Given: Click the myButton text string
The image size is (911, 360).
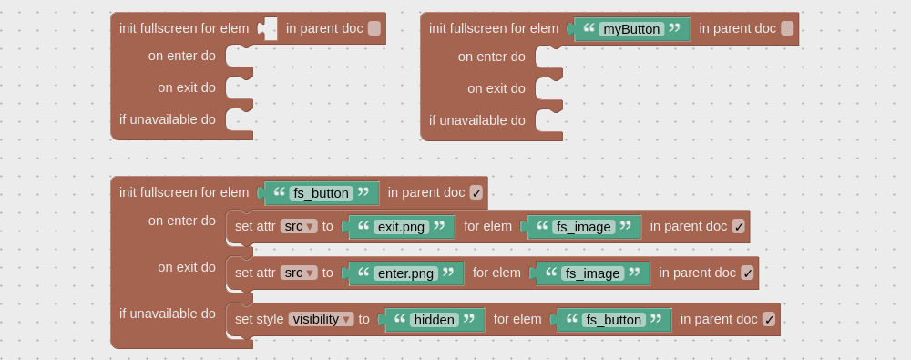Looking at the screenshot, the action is click(631, 29).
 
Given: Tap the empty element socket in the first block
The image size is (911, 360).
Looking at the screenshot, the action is click(268, 28).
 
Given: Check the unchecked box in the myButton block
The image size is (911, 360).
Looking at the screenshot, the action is click(787, 28).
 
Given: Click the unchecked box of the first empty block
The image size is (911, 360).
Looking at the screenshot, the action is click(374, 28).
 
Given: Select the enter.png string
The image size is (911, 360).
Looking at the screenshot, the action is click(406, 273).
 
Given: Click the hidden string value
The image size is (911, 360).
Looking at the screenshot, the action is click(435, 320).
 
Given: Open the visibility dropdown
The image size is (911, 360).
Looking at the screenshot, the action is click(321, 319).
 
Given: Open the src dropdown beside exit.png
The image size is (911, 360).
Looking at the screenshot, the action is click(299, 226).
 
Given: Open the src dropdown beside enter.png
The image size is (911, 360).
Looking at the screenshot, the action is click(299, 273).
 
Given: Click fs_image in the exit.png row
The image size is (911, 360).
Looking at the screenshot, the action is click(584, 227).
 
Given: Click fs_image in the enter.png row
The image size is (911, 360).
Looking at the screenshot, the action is click(593, 273).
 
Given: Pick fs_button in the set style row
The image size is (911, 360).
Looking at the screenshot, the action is click(614, 320).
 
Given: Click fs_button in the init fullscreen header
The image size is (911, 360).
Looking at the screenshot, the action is click(322, 193).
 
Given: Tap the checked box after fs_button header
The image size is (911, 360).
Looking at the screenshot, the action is click(476, 192).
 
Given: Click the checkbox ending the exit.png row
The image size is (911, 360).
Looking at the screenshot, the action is click(739, 226).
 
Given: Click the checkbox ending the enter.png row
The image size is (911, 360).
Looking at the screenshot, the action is click(747, 273).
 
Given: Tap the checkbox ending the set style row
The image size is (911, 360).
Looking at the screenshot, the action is click(769, 319).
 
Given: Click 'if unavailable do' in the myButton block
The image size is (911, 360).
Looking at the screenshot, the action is click(477, 120).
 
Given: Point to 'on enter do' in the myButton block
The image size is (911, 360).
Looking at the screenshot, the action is click(492, 57).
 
